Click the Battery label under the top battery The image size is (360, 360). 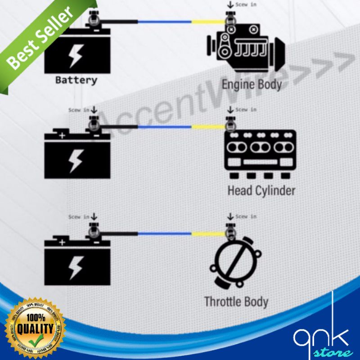pyautogui.click(x=76, y=81)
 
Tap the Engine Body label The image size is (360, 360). pyautogui.click(x=252, y=84)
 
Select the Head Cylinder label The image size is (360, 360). pyautogui.click(x=261, y=190)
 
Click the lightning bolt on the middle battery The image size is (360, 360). pyautogui.click(x=75, y=160)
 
